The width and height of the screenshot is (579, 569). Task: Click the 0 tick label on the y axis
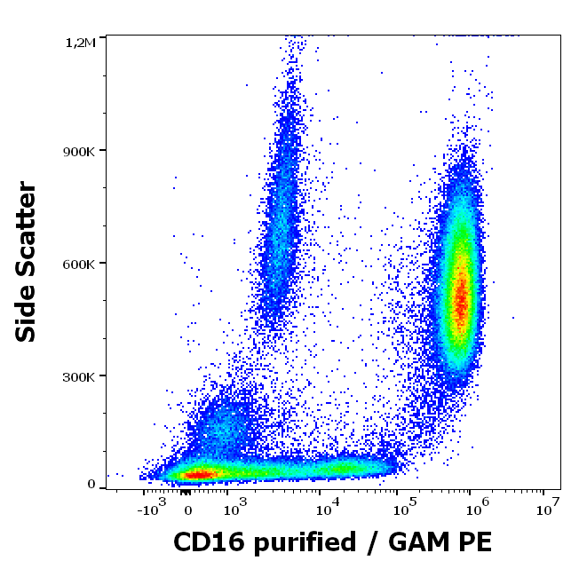91,484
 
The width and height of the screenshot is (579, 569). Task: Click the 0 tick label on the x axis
187,510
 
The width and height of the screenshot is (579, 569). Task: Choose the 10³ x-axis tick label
233,509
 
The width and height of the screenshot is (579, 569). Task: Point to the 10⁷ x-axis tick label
548,509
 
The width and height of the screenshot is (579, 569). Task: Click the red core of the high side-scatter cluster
461,297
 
